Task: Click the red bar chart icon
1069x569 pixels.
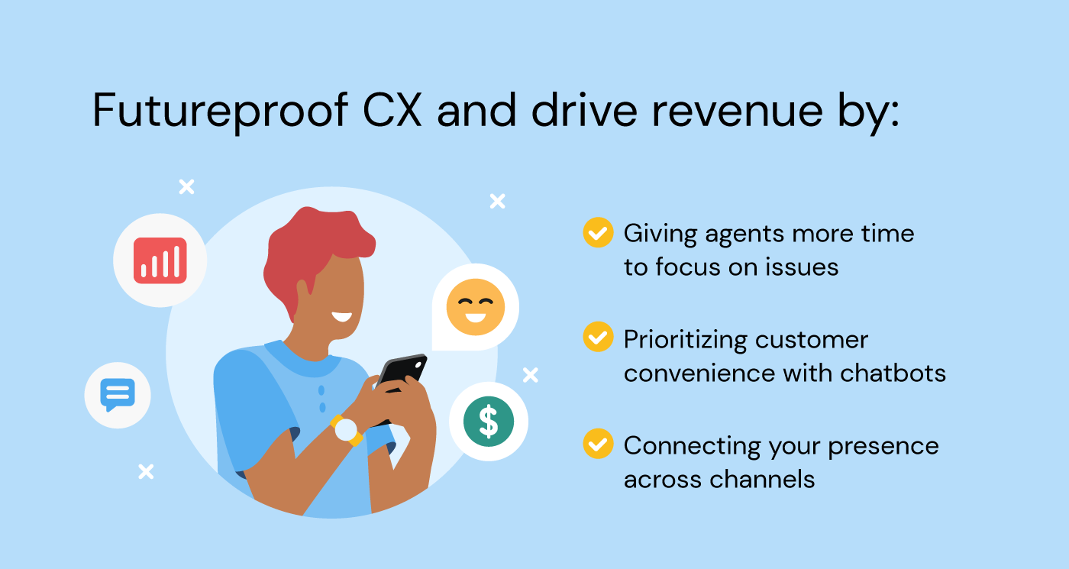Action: pos(160,260)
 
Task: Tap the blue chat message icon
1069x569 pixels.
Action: pos(118,395)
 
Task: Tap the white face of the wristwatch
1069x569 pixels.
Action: pos(347,431)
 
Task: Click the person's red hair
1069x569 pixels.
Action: pos(313,244)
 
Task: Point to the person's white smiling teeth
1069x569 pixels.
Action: pos(341,315)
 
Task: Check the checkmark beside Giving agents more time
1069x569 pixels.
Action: pos(598,232)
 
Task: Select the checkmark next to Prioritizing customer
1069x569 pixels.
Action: pos(598,337)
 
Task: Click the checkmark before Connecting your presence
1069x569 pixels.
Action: pos(598,444)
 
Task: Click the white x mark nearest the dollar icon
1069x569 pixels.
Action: pos(530,375)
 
